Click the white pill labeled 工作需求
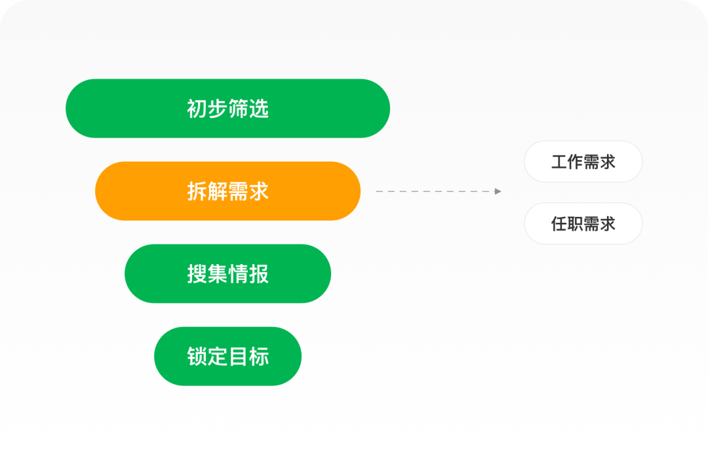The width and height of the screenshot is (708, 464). (583, 161)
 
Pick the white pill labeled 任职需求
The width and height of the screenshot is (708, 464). (583, 223)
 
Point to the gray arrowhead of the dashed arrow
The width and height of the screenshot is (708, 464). (498, 191)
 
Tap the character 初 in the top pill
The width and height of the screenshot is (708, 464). (197, 109)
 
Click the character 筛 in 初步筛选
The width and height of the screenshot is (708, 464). (238, 109)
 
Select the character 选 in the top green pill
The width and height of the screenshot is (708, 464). (259, 109)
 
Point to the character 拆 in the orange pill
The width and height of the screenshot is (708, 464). (197, 191)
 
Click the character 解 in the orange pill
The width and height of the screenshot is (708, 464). (218, 191)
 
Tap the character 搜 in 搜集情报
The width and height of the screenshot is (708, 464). (197, 274)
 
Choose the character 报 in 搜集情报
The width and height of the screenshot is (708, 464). (259, 274)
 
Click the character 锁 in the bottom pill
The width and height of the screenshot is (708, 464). (197, 357)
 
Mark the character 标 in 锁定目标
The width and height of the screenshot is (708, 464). (259, 357)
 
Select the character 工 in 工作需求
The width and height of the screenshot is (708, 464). (559, 162)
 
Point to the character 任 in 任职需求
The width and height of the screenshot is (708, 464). (559, 224)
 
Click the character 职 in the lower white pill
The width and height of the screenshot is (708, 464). (575, 224)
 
